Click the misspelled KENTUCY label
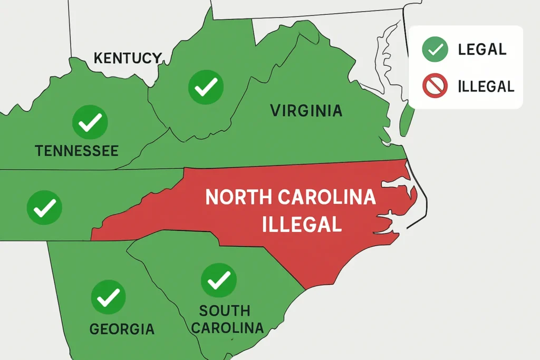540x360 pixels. [x=127, y=58]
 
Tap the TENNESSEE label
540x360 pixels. [x=77, y=151]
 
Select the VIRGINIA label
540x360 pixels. [x=306, y=111]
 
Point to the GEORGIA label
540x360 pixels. [x=122, y=329]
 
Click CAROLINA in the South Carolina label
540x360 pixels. [x=227, y=327]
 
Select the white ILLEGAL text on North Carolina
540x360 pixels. [x=302, y=225]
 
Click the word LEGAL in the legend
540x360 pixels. [x=482, y=50]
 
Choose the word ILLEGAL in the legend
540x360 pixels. [x=486, y=85]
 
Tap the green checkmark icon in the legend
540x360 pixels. [x=435, y=50]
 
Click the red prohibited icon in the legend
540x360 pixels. [x=435, y=85]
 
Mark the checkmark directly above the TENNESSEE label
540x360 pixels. [x=90, y=122]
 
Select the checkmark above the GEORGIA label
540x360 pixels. [x=108, y=297]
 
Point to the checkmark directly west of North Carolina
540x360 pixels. [x=44, y=208]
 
